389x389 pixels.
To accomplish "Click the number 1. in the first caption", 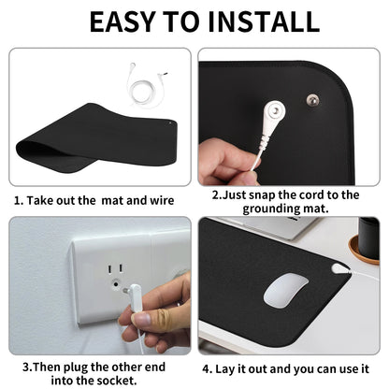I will (18, 200).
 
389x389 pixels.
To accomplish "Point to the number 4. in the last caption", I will (207, 368).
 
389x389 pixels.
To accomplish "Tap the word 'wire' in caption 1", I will (162, 200).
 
